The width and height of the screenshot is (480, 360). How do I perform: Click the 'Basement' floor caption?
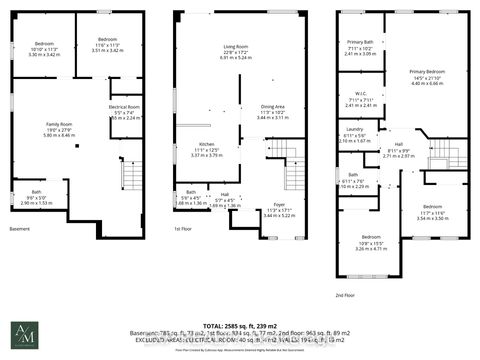(20, 228)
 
